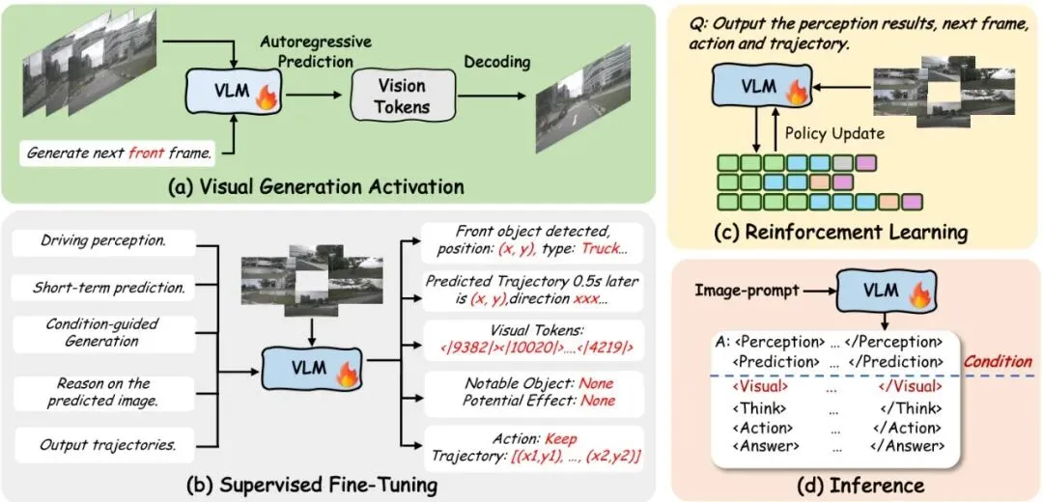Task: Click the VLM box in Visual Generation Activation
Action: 233,93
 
